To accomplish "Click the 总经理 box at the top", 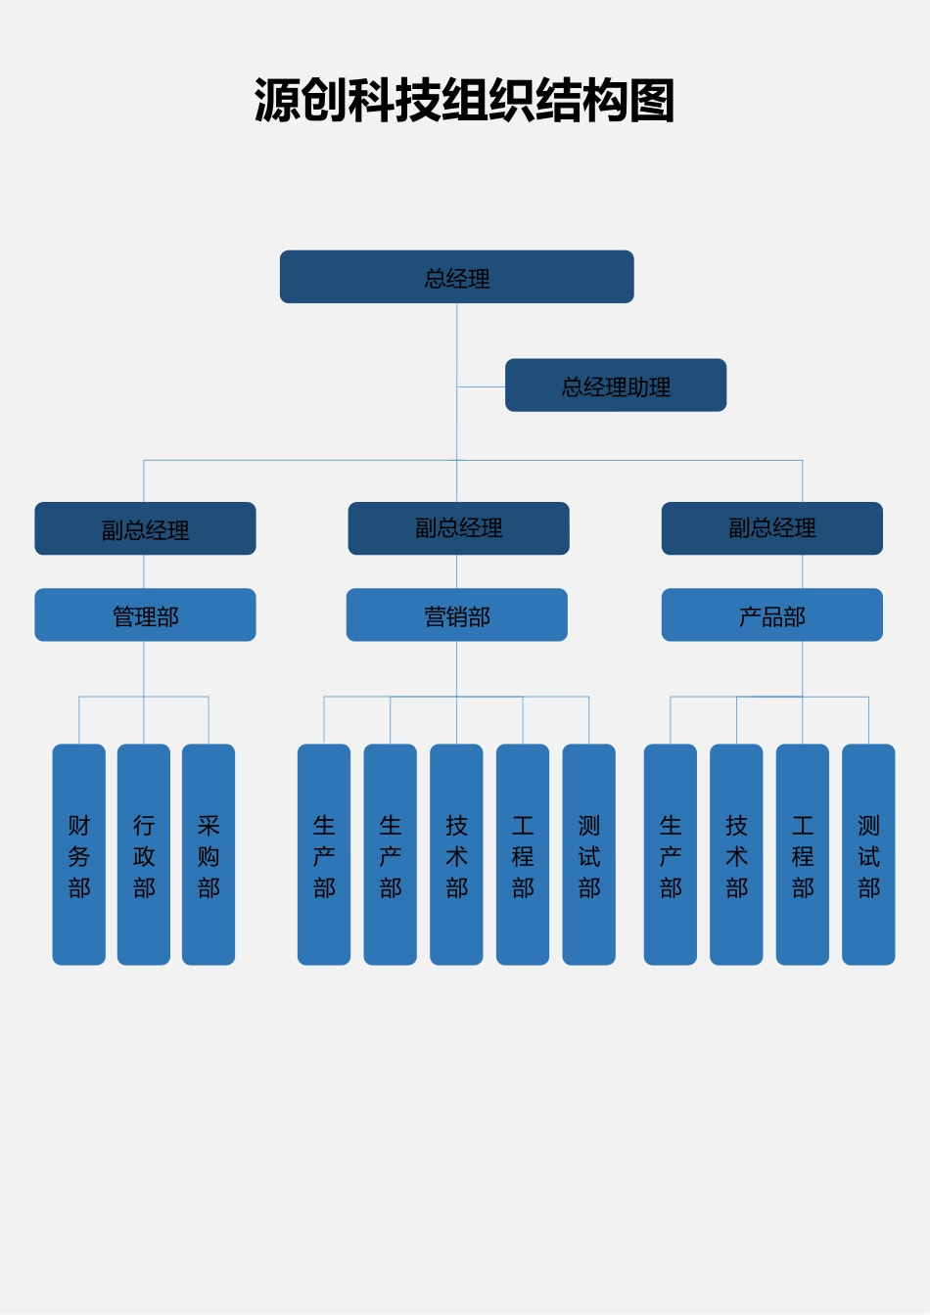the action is [x=456, y=277].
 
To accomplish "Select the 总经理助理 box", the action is [x=616, y=385].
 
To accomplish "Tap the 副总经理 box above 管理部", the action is [x=145, y=528].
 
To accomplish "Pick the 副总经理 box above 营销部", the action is [x=458, y=528].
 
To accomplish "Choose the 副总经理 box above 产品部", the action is [x=772, y=528].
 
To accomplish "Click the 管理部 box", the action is [x=145, y=614].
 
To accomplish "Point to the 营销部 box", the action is [x=456, y=614].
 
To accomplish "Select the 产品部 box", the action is [x=772, y=614].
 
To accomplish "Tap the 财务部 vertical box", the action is [x=78, y=854].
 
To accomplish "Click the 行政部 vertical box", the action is [x=144, y=854].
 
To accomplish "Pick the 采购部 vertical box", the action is [x=209, y=854].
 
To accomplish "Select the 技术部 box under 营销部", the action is [x=456, y=854].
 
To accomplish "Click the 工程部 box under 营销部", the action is [x=523, y=854].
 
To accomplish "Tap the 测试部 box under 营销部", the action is [x=589, y=854].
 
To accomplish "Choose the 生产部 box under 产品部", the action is [x=671, y=854].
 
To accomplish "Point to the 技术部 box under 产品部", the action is [x=737, y=854].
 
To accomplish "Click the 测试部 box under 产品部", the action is [x=869, y=854].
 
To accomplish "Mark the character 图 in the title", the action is [x=652, y=100].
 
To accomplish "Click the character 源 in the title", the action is [x=277, y=100].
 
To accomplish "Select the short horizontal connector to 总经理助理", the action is [x=482, y=386].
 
